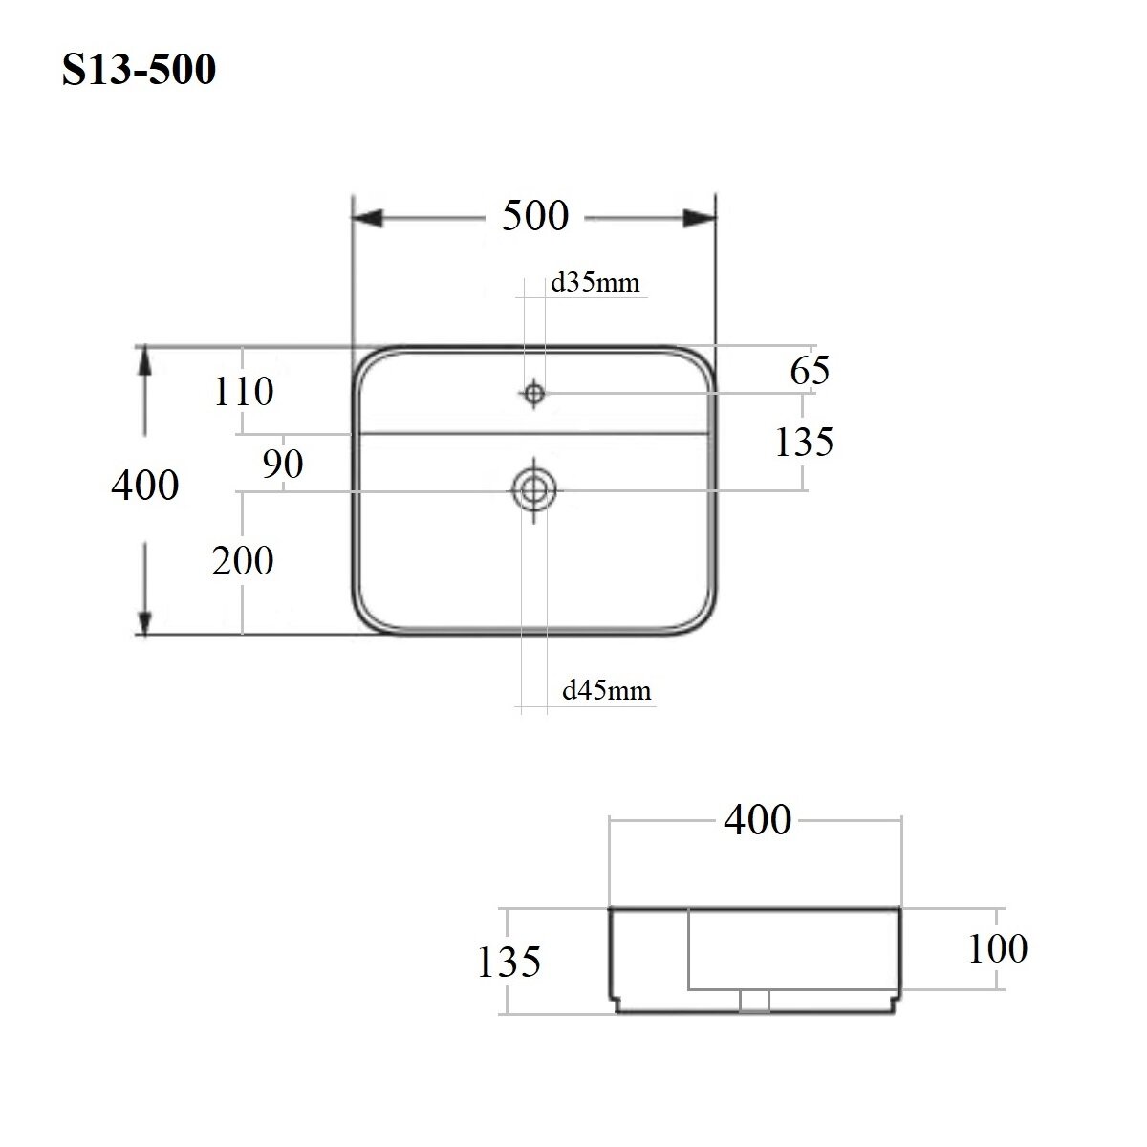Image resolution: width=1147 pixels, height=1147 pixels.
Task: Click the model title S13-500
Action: pyautogui.click(x=140, y=70)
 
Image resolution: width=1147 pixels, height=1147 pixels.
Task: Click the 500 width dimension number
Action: pyautogui.click(x=535, y=216)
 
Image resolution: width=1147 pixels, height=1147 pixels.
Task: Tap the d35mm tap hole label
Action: pyautogui.click(x=595, y=284)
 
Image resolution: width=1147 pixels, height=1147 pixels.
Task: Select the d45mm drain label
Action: pyautogui.click(x=607, y=690)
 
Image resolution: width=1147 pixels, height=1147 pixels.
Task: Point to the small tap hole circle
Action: pyautogui.click(x=534, y=392)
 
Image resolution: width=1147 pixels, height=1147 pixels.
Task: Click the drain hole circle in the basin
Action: pyautogui.click(x=534, y=490)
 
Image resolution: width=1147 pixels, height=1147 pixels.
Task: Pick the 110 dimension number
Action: pyautogui.click(x=244, y=391)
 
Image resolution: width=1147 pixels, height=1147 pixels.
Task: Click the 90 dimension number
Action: pyautogui.click(x=283, y=464)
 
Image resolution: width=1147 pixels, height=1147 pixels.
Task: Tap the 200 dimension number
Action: pyautogui.click(x=243, y=560)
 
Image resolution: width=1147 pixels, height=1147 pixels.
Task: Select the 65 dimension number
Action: pyautogui.click(x=810, y=370)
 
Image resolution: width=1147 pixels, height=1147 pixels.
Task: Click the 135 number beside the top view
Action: pyautogui.click(x=805, y=442)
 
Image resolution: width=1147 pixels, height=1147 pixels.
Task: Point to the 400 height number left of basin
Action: pyautogui.click(x=145, y=486)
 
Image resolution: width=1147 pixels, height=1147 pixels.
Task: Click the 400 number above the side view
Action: pyautogui.click(x=757, y=819)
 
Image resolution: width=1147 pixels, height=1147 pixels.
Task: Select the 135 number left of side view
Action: pyautogui.click(x=509, y=961)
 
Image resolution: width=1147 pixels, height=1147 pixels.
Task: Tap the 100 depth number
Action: pyautogui.click(x=998, y=948)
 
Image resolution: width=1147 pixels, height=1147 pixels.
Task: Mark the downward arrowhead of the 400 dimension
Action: pyautogui.click(x=145, y=617)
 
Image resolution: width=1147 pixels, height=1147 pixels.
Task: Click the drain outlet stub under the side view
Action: pyautogui.click(x=755, y=1000)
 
